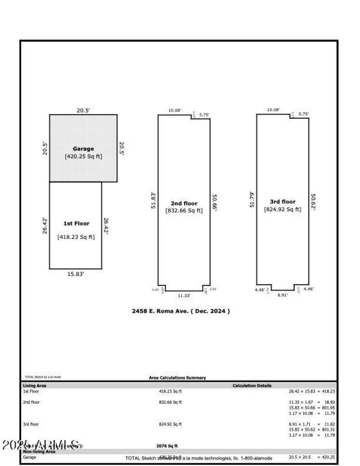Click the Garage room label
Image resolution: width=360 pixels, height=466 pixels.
tap(83, 149)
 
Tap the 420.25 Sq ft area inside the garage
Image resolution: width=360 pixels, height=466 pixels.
tap(83, 157)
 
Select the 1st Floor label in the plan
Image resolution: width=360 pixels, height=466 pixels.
tap(76, 223)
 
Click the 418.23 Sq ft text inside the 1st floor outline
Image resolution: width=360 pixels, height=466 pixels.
tap(76, 237)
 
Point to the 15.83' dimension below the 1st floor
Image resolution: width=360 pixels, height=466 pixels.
tap(76, 274)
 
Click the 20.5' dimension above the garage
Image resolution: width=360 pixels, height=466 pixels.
tap(83, 110)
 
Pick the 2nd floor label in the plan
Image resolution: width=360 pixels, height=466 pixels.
tap(184, 204)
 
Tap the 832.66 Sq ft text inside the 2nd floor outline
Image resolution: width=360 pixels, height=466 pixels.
tap(184, 210)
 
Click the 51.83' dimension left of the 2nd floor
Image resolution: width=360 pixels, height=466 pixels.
tap(153, 201)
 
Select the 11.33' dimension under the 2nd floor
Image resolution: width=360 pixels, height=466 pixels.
tap(184, 296)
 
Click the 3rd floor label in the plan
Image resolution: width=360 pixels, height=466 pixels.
tap(283, 202)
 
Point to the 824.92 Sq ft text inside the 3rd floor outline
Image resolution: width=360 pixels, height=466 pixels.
tap(283, 209)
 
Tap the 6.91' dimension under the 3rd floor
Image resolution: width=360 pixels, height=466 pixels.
tap(282, 295)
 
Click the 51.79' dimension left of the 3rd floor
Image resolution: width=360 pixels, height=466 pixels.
tap(252, 200)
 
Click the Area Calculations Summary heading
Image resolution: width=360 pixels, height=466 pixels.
tap(177, 378)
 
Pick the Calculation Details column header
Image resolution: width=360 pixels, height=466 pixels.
tap(252, 386)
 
